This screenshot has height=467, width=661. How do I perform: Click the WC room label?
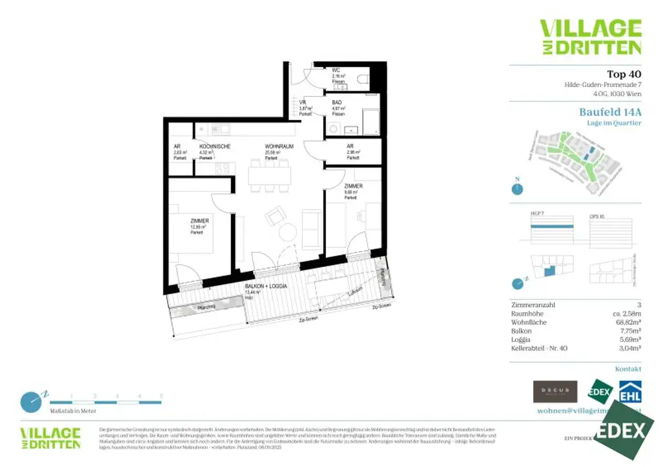pyautogui.click(x=336, y=70)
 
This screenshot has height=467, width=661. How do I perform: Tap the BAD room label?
pyautogui.click(x=338, y=103)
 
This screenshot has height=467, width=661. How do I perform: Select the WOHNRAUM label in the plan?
pyautogui.click(x=279, y=146)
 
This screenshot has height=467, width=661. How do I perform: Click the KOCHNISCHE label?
pyautogui.click(x=214, y=146)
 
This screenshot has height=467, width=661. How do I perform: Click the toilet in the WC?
pyautogui.click(x=363, y=78)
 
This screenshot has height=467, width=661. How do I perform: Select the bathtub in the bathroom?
pyautogui.click(x=371, y=122)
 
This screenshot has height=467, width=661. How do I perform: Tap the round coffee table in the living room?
pyautogui.click(x=288, y=232)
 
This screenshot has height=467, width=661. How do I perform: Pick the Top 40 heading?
pyautogui.click(x=624, y=74)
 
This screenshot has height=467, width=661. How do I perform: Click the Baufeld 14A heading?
pyautogui.click(x=610, y=112)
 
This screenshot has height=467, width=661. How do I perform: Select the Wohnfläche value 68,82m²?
pyautogui.click(x=625, y=321)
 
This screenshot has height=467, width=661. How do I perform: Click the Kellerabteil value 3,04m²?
pyautogui.click(x=628, y=347)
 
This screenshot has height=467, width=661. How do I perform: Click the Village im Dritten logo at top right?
pyautogui.click(x=590, y=37)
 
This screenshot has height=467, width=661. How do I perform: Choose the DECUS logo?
pyautogui.click(x=554, y=392)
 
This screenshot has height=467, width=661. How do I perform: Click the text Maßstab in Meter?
pyautogui.click(x=73, y=410)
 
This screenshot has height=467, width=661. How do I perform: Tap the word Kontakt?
pyautogui.click(x=628, y=369)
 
